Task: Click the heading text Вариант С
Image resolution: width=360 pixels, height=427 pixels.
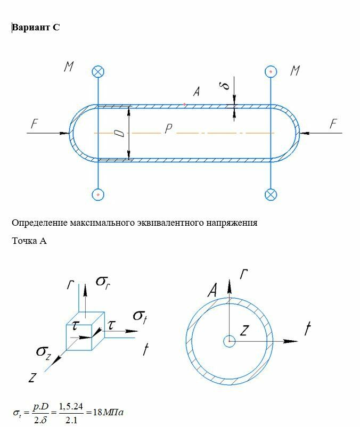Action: (36, 28)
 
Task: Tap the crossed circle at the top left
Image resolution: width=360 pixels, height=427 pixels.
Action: (98, 72)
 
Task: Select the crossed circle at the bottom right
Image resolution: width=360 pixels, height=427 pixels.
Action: (271, 194)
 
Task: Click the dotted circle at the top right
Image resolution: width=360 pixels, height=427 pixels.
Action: (271, 71)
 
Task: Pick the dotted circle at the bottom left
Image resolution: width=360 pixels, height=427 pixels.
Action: (98, 194)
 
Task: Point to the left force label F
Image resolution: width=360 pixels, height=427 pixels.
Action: (34, 124)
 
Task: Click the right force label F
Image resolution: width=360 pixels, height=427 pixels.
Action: (333, 124)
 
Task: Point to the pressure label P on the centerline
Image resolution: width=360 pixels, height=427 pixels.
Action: (168, 129)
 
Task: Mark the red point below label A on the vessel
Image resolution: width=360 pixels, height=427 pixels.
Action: (184, 104)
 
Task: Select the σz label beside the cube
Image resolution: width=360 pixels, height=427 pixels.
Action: (43, 351)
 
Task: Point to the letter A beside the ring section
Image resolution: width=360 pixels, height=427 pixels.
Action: (212, 291)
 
